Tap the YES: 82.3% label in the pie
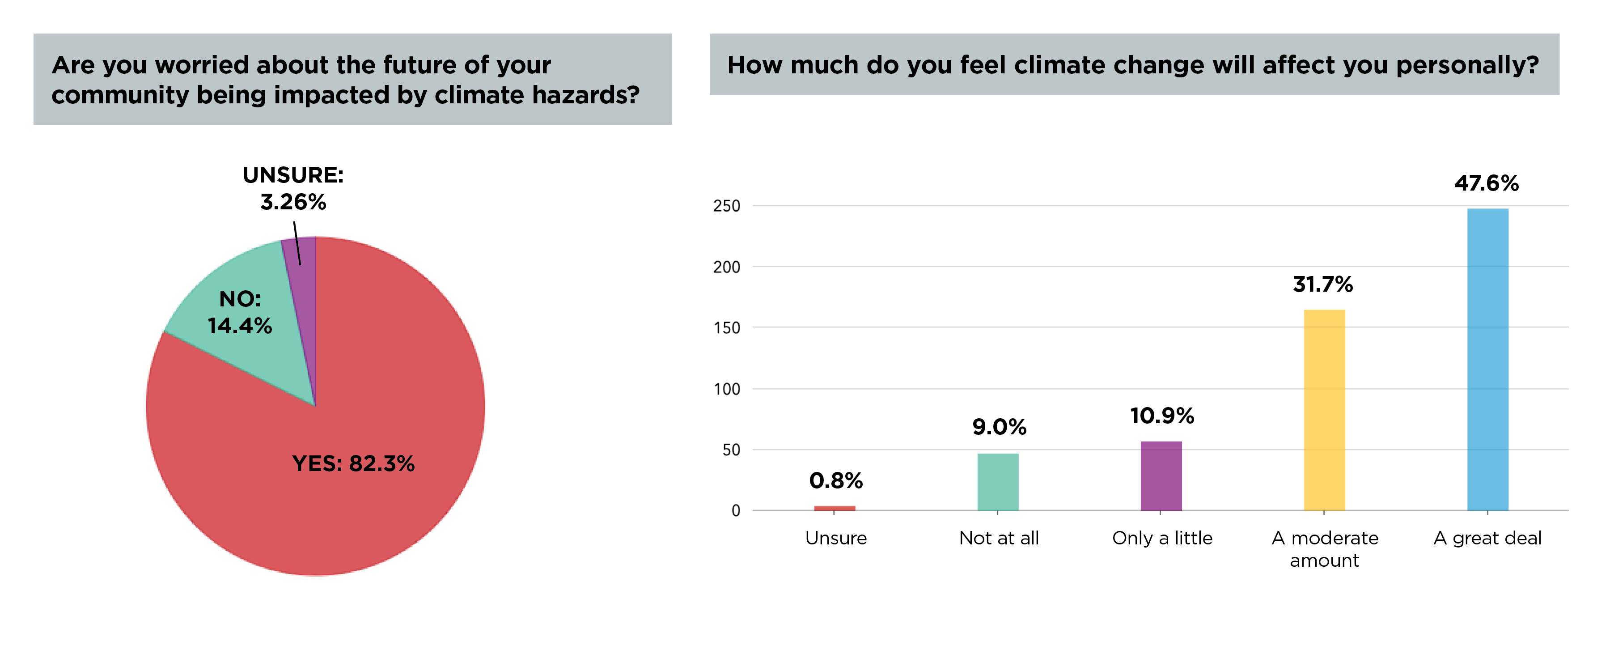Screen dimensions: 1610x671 [x=353, y=463]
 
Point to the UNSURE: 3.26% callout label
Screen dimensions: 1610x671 [x=293, y=188]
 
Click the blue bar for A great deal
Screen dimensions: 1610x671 [x=1487, y=360]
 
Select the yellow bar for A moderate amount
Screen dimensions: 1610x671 [x=1324, y=410]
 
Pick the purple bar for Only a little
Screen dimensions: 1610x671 [x=1161, y=476]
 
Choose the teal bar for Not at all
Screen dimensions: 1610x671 [x=998, y=482]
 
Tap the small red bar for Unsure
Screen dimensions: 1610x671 [x=835, y=509]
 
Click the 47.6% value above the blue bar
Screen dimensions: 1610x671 [x=1486, y=183]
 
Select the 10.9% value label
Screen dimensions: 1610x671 [x=1162, y=416]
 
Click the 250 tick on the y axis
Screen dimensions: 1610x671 [x=726, y=206]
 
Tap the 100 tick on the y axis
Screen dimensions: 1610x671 [x=727, y=389]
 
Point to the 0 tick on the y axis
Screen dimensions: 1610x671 [x=736, y=510]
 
